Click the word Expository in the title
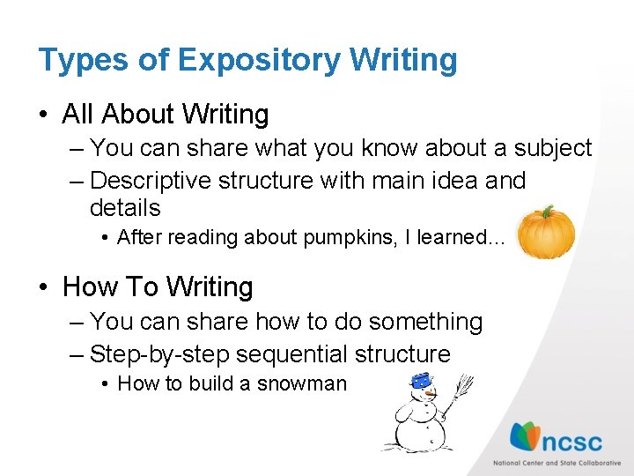click(x=258, y=61)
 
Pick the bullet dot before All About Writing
click(x=45, y=115)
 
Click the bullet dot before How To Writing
click(x=45, y=288)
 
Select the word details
click(x=125, y=208)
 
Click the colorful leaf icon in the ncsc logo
click(x=527, y=436)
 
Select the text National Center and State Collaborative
click(x=557, y=463)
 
